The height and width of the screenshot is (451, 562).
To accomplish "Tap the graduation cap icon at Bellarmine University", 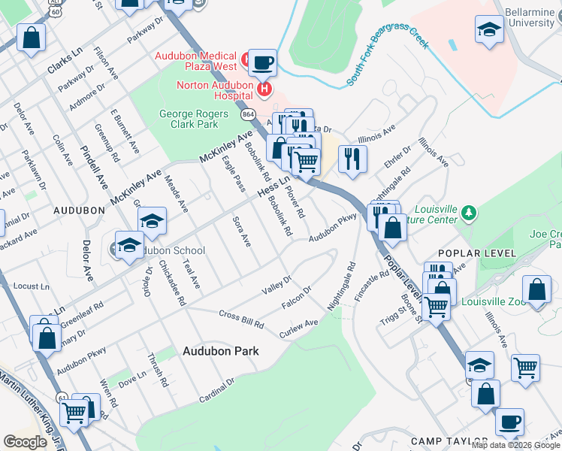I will coord(489,31).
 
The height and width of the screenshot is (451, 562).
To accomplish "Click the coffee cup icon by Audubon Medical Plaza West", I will coord(262,62).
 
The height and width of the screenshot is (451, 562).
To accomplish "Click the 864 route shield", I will coord(248,114).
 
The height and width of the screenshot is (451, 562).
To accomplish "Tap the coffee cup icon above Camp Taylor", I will coord(509,422).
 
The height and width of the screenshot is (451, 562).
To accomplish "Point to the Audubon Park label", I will coord(221,351).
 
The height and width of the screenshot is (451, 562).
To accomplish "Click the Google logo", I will coord(25,441).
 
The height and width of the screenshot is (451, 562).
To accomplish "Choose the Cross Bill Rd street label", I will coord(241,319).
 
